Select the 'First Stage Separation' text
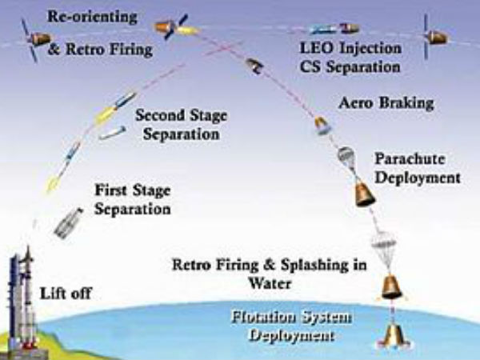pos(133,200)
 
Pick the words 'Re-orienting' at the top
pos(92,16)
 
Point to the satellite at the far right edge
pos(436,36)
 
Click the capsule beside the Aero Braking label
pos(321,125)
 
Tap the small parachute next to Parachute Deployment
pos(346,157)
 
